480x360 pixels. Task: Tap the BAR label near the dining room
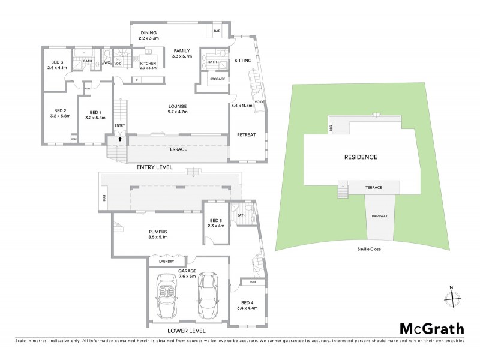(217, 30)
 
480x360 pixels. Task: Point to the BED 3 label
(55, 65)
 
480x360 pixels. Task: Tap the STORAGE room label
(217, 79)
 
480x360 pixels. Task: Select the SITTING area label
(243, 61)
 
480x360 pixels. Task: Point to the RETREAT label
(247, 134)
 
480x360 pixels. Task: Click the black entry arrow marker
(119, 138)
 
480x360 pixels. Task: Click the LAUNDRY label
(167, 262)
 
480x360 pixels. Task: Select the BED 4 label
(248, 305)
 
